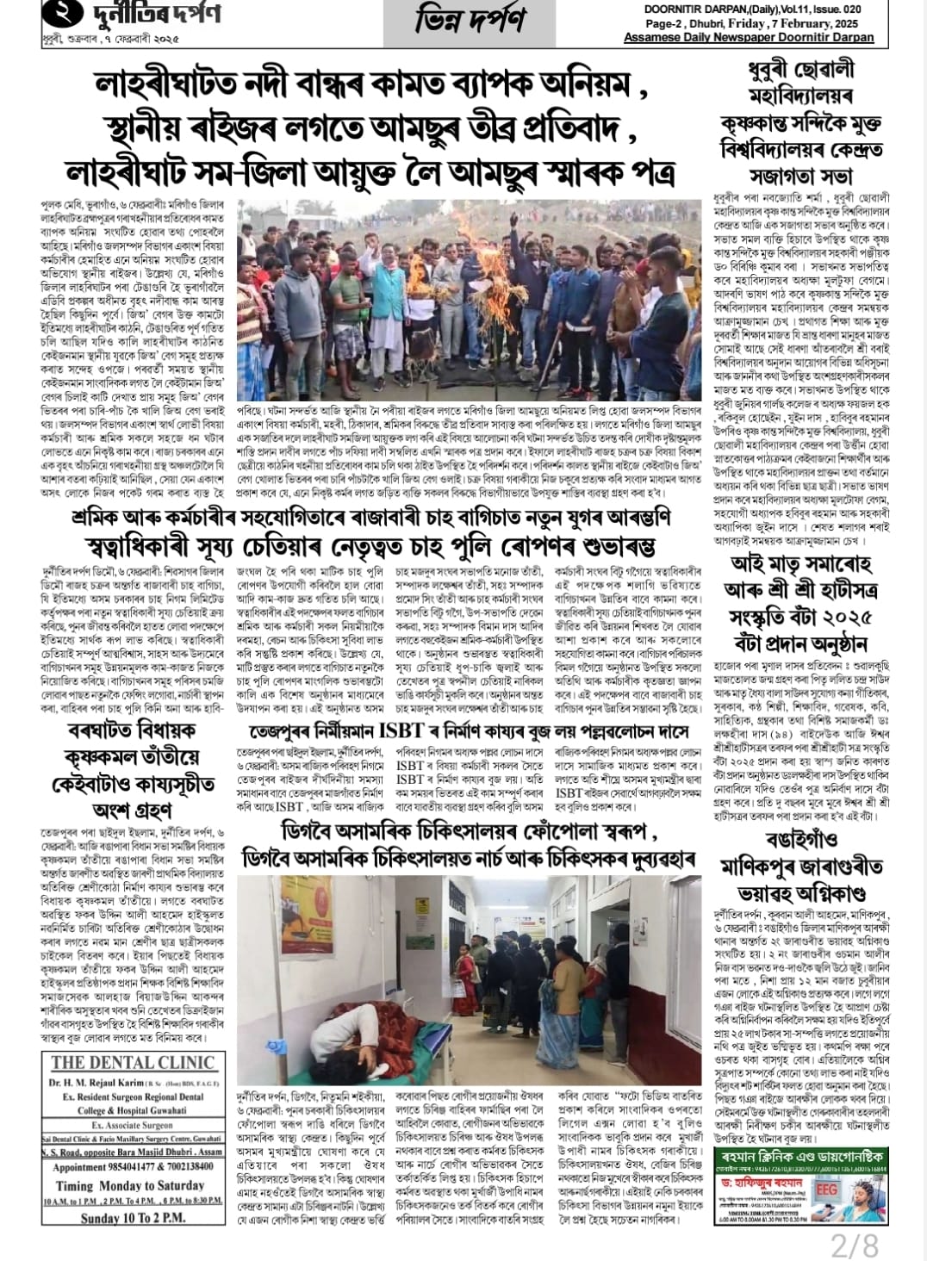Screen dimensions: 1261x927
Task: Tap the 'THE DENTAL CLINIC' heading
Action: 132,1062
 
